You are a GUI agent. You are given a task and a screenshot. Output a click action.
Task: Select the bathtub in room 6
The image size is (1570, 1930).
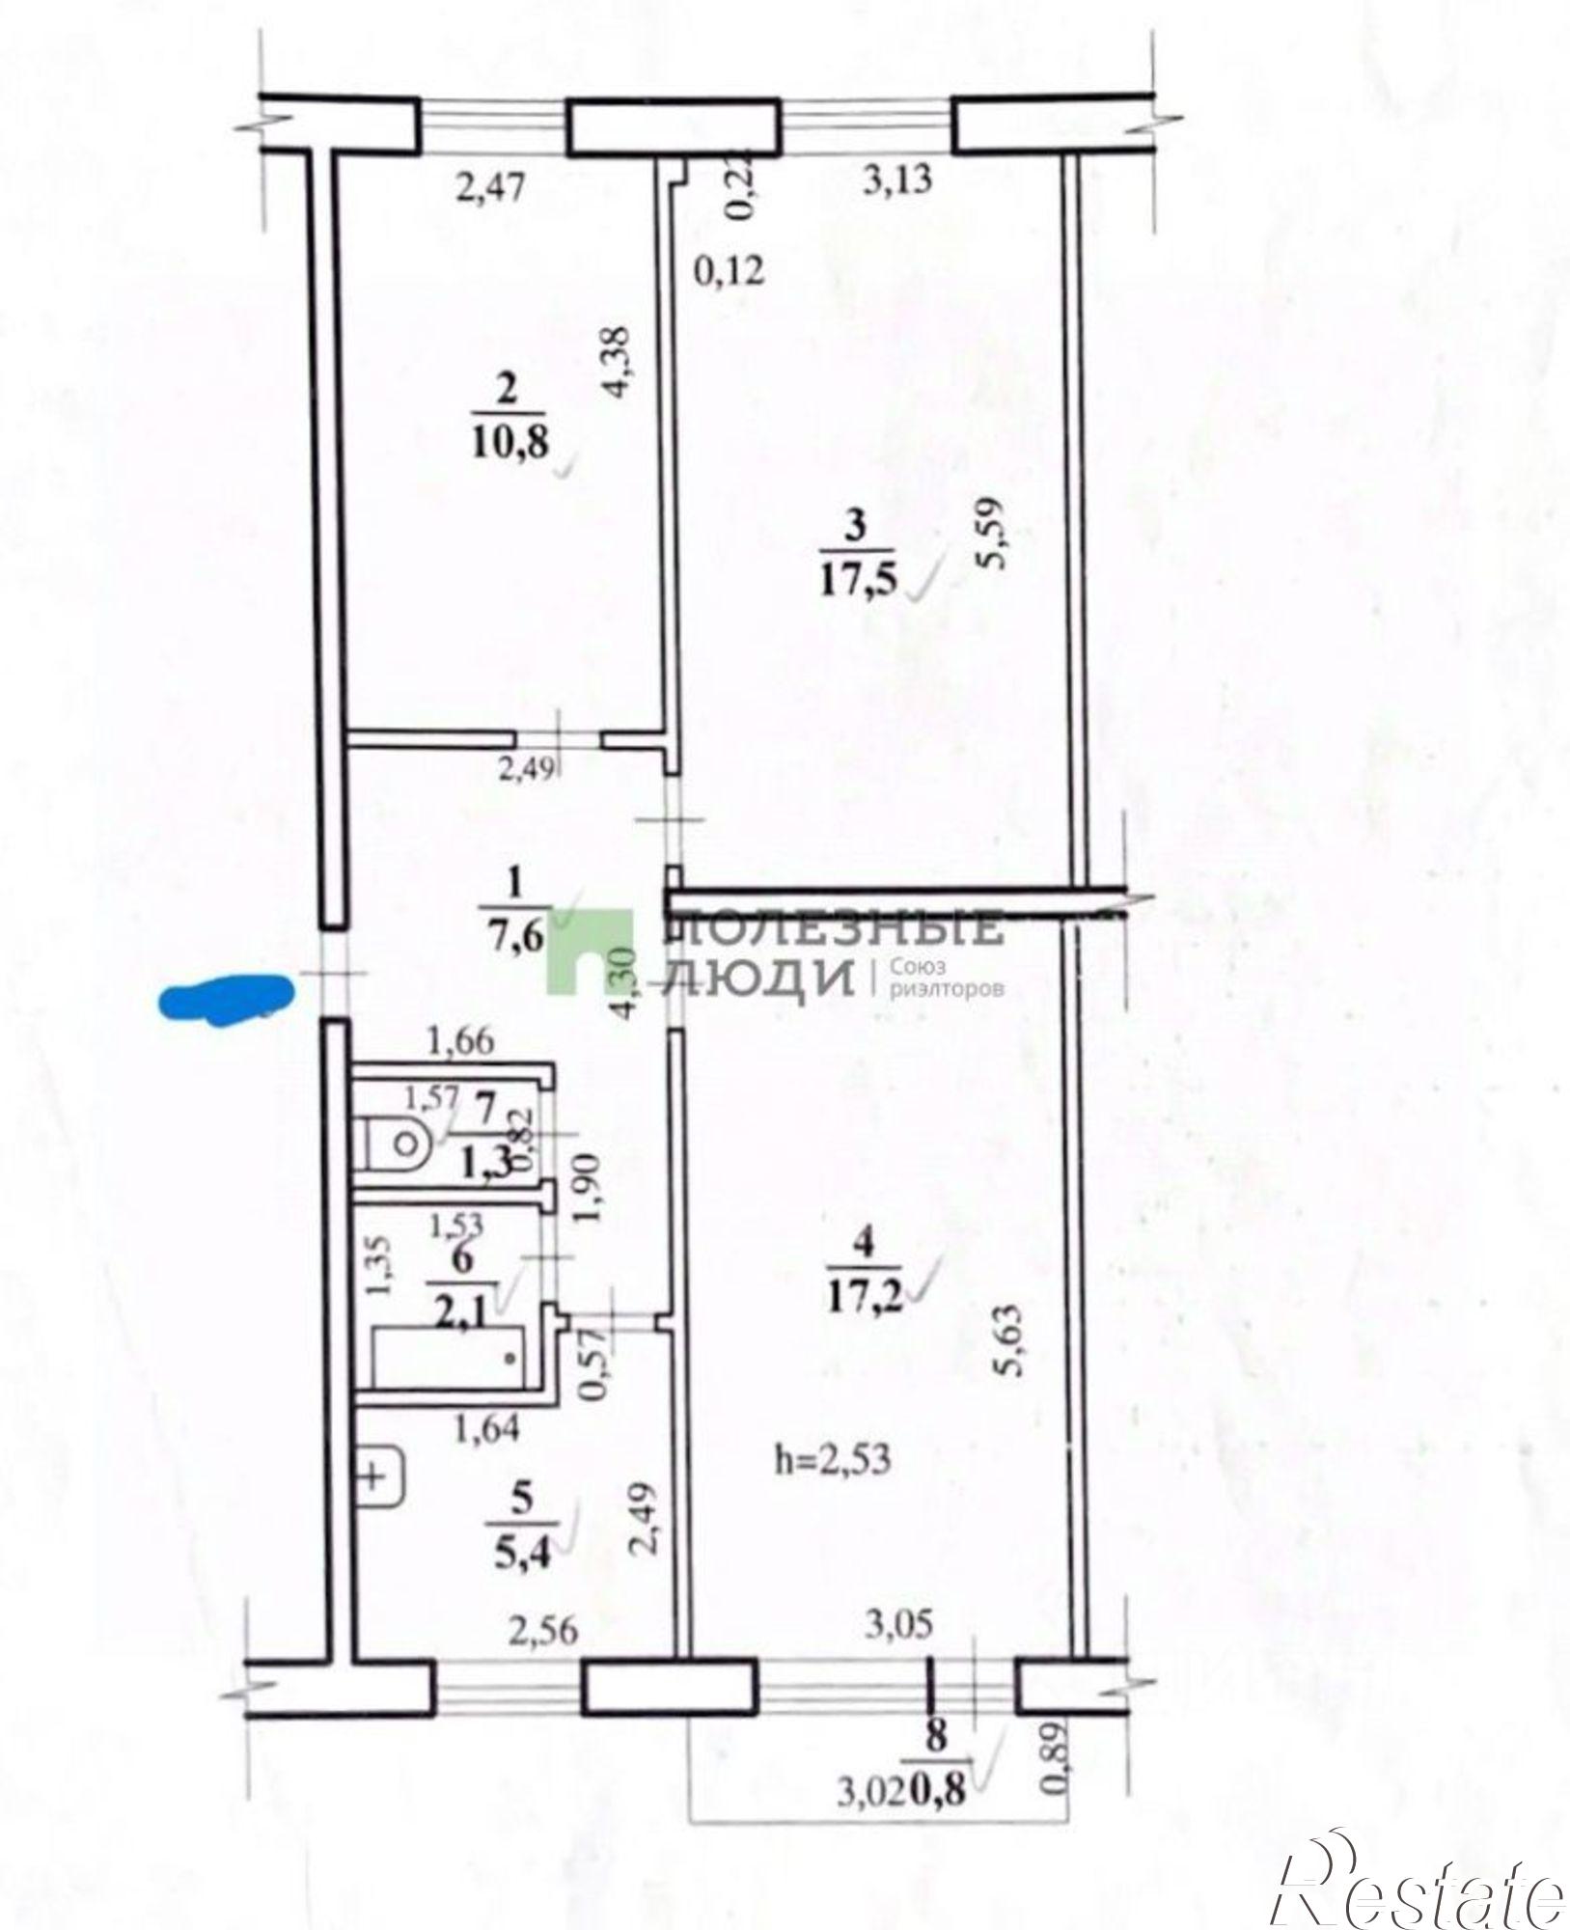tap(450, 1358)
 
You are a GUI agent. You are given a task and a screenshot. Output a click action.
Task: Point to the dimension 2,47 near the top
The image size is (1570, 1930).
tap(493, 186)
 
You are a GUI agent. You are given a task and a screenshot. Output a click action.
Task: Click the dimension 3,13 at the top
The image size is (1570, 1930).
tap(896, 180)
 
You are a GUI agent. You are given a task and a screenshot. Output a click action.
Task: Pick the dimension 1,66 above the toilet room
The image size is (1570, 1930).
tap(461, 1041)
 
